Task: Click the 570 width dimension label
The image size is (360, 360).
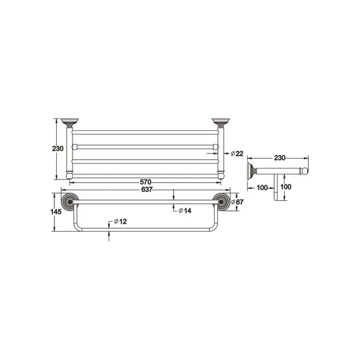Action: pyautogui.click(x=145, y=182)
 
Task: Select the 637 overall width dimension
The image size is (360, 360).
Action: pyautogui.click(x=145, y=189)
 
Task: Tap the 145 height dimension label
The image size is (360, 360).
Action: pyautogui.click(x=56, y=212)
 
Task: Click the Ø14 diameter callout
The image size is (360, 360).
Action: pyautogui.click(x=185, y=210)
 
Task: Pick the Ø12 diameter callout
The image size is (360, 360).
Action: pyautogui.click(x=121, y=222)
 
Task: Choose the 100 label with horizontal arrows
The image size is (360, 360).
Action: pyautogui.click(x=262, y=188)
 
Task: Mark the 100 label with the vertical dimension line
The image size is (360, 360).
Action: pyautogui.click(x=285, y=188)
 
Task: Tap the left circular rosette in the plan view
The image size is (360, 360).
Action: pyautogui.click(x=70, y=201)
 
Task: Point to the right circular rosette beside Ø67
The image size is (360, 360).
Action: pyautogui.click(x=221, y=201)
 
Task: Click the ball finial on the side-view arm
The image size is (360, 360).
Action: pyautogui.click(x=308, y=170)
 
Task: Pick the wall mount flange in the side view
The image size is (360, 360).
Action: pyautogui.click(x=251, y=170)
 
